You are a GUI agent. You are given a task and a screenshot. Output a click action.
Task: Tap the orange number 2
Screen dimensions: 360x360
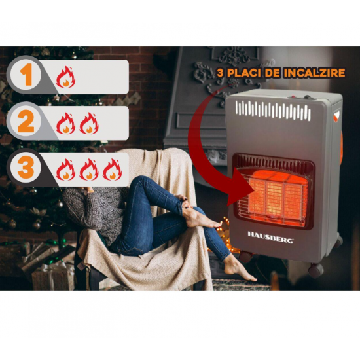click(26, 122)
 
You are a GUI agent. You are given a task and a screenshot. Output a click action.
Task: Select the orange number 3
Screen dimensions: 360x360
click(26, 168)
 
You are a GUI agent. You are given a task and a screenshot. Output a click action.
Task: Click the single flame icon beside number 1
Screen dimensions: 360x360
click(65, 79)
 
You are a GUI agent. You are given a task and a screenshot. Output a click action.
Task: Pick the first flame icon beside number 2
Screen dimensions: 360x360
click(65, 123)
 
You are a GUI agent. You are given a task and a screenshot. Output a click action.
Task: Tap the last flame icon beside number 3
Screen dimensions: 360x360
click(113, 169)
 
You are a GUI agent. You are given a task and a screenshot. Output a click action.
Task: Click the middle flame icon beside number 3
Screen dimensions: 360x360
click(89, 169)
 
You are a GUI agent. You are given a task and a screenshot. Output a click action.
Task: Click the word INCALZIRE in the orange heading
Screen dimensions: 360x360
click(312, 72)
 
